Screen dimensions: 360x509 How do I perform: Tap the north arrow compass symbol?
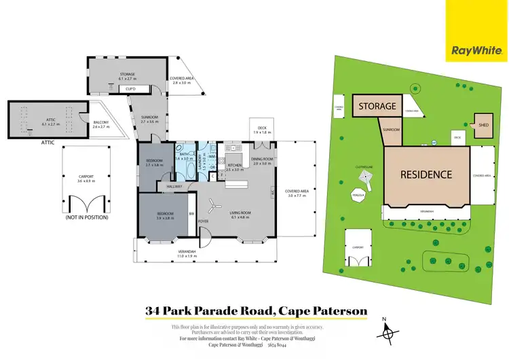point(388,331)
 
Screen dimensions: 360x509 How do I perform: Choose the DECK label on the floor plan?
point(262,127)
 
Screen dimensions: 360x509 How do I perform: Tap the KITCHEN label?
point(234,165)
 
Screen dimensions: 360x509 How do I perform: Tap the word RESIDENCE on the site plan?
point(426,175)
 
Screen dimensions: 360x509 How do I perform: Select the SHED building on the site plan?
point(484,125)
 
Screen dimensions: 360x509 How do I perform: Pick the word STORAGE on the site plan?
point(377,107)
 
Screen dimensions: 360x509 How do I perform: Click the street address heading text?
point(256,312)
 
